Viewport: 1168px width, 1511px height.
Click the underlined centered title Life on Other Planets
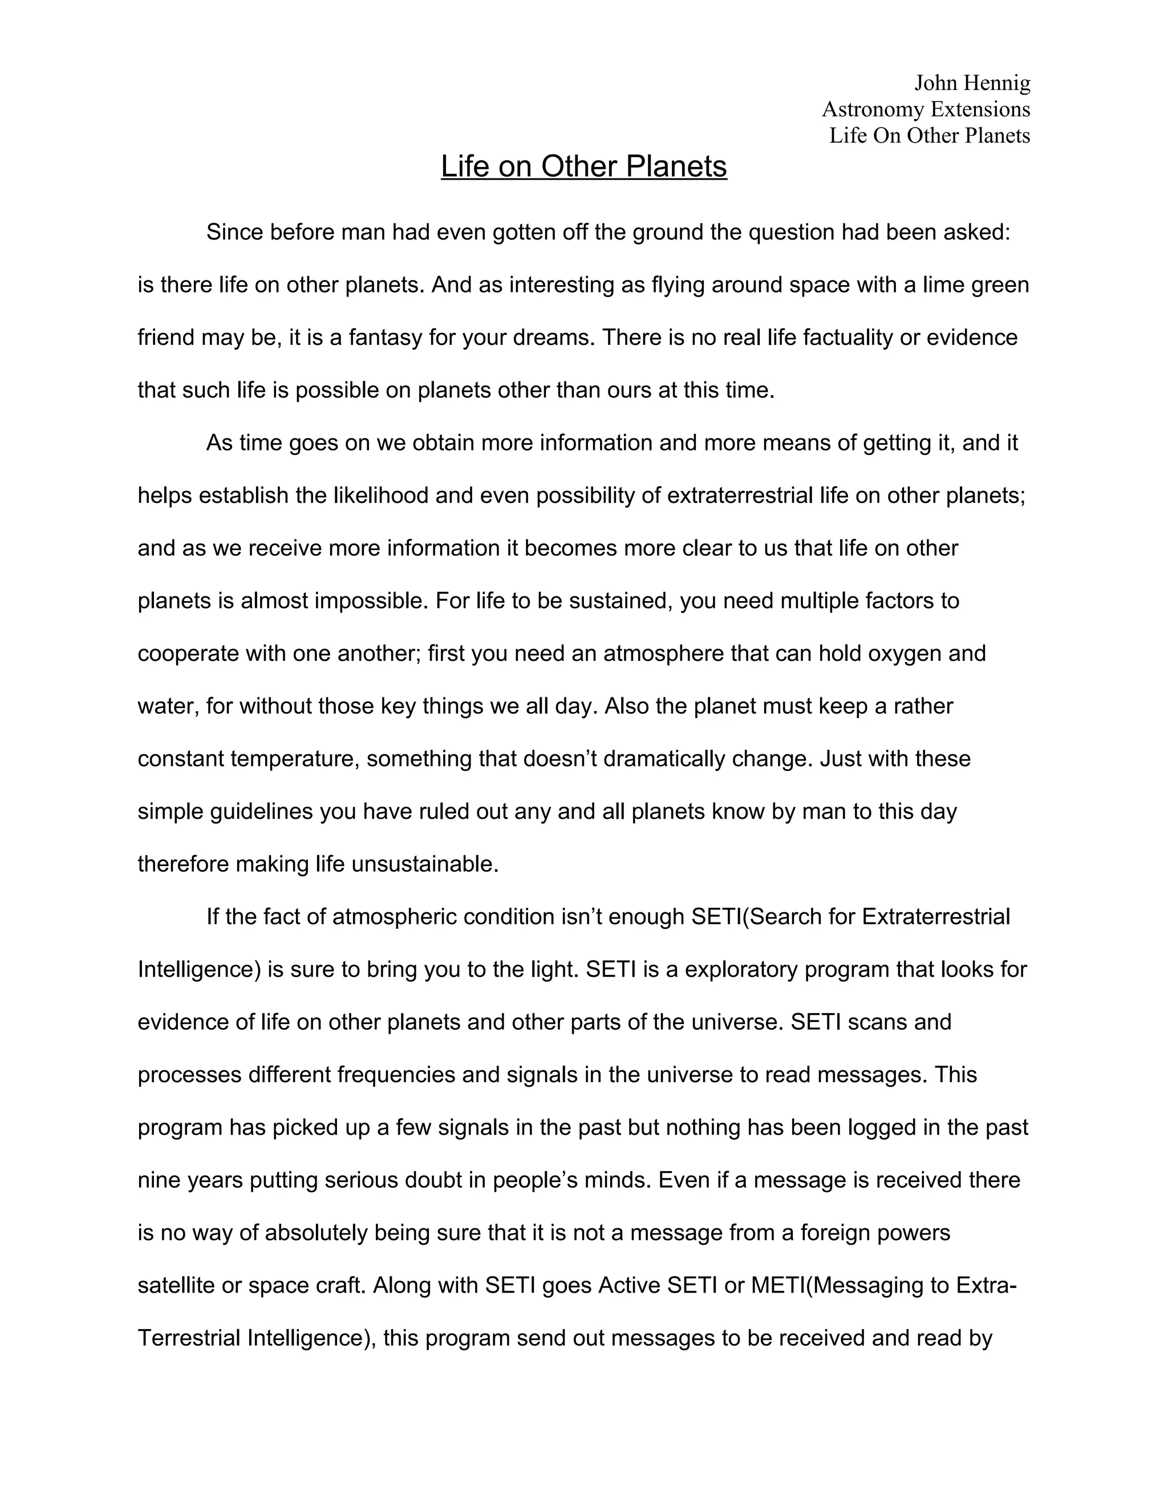pos(583,166)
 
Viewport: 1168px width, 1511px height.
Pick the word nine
pos(159,1180)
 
